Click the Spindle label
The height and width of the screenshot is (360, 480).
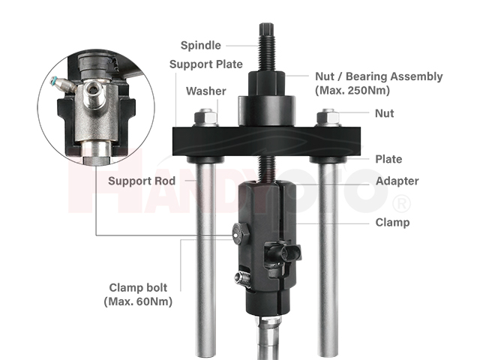(201, 45)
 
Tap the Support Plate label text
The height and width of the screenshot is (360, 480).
(206, 64)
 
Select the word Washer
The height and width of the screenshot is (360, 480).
(206, 91)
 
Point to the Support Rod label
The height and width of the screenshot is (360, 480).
(142, 181)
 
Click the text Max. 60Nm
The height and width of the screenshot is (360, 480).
(138, 301)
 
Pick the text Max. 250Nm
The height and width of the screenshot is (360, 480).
(352, 90)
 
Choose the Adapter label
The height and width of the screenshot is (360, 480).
(397, 181)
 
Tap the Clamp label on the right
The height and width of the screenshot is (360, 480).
(392, 222)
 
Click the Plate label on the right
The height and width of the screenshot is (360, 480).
(388, 159)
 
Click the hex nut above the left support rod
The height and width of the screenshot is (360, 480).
(206, 117)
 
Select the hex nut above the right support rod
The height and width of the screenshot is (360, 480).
(328, 117)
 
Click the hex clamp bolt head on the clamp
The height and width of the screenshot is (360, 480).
(241, 233)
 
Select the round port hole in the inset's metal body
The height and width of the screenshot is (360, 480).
(91, 89)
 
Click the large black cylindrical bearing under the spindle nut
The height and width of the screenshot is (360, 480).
(267, 111)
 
